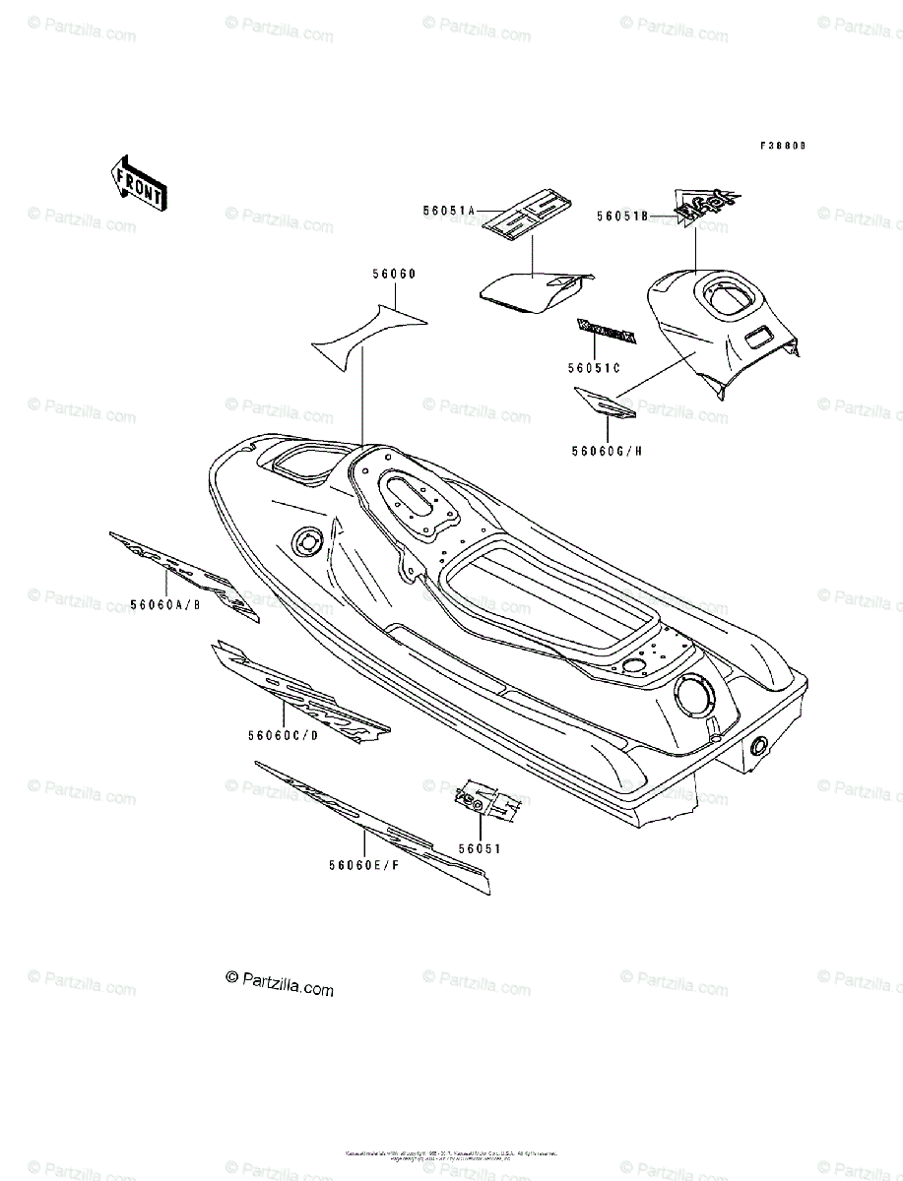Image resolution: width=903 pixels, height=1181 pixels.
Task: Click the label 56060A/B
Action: (x=167, y=604)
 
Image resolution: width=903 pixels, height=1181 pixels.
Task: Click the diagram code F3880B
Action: (x=782, y=145)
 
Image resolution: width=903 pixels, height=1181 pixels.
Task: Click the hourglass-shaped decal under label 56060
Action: (x=369, y=332)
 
